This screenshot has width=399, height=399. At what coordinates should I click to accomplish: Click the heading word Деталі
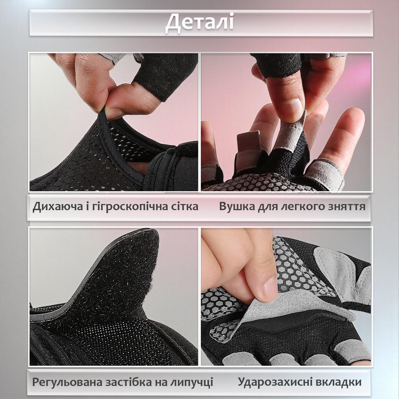coord(199,22)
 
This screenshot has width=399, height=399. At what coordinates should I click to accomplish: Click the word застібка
coord(128,382)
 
